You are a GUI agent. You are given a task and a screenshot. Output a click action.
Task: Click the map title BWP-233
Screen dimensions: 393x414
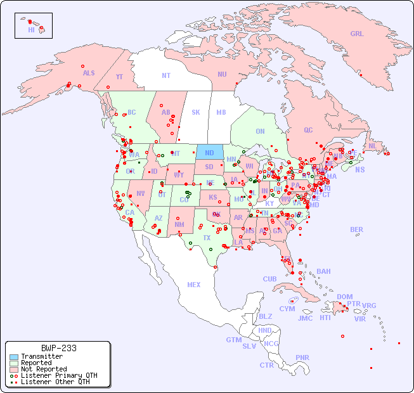[x=58, y=348]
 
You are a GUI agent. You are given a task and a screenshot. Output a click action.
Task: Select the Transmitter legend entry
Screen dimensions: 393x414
[x=41, y=356]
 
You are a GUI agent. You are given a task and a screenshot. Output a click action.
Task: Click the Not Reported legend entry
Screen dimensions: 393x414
[x=43, y=369]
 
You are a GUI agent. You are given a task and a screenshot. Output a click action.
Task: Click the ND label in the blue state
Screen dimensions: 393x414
[x=209, y=153]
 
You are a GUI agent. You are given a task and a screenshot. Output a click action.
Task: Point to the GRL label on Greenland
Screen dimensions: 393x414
[x=357, y=34]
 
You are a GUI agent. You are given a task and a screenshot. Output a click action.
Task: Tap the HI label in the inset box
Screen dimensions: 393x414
[x=31, y=30]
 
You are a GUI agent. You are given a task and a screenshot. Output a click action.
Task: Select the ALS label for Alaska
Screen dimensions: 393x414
[x=89, y=73]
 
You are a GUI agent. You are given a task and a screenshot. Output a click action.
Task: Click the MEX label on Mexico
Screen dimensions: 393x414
[x=194, y=285]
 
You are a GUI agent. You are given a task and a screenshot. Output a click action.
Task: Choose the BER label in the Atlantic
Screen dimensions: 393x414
[x=356, y=229]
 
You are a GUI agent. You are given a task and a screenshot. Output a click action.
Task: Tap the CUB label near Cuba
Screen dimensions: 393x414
[x=269, y=279]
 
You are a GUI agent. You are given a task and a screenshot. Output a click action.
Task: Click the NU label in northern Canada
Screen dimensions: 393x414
[x=222, y=74]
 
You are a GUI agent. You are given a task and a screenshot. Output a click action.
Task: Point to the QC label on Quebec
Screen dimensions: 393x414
[x=308, y=130]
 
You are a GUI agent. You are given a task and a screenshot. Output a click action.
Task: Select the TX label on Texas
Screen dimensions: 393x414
[x=207, y=238]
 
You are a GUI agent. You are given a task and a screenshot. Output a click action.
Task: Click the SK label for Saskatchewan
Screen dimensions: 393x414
[x=196, y=112]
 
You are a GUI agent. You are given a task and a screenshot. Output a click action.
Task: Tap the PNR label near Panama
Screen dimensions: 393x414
[x=302, y=358]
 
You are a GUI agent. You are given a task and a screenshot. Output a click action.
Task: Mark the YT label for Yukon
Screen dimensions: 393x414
[x=119, y=77]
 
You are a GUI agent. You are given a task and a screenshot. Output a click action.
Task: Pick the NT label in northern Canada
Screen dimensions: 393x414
[x=166, y=75]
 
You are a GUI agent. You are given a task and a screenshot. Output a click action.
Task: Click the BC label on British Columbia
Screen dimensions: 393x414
[x=132, y=112]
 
